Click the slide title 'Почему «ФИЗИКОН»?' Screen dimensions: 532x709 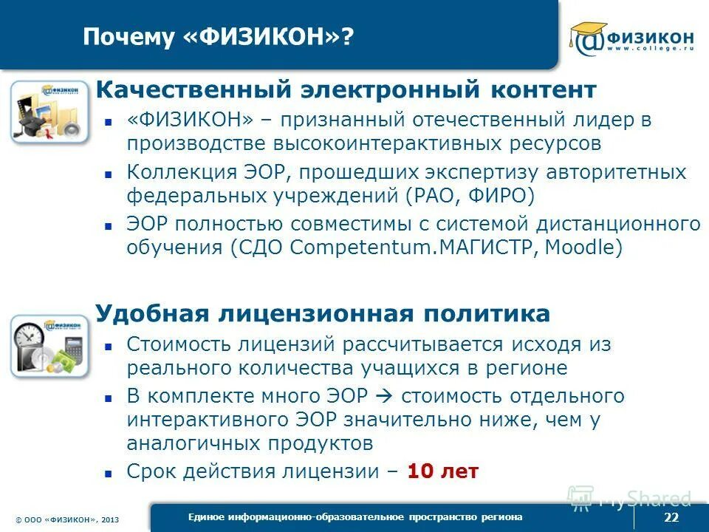click(x=218, y=37)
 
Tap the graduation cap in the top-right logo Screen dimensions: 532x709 click(x=588, y=31)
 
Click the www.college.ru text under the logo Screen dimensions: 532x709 click(x=649, y=50)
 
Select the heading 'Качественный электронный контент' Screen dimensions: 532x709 click(x=346, y=90)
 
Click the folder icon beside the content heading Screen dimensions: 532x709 click(x=46, y=112)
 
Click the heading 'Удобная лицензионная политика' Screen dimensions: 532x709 click(x=323, y=313)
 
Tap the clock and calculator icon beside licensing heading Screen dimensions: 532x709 click(x=46, y=346)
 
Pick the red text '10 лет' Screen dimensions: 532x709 click(x=443, y=471)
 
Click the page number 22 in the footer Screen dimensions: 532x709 click(x=671, y=517)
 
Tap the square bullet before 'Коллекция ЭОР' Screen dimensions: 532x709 click(x=108, y=174)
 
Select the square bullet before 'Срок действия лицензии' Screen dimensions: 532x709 click(x=108, y=472)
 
